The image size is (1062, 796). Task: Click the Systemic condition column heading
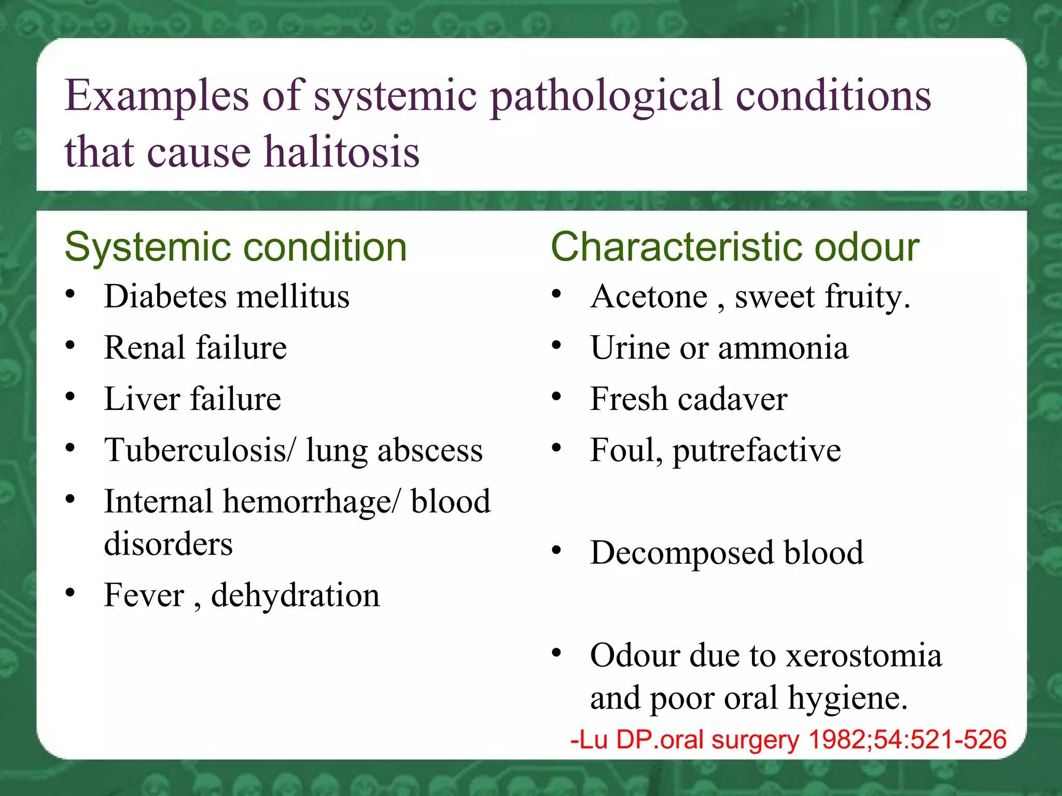tap(235, 247)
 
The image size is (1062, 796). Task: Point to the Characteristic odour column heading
tap(735, 247)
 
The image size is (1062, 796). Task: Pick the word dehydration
tap(295, 595)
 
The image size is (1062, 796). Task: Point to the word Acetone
tap(649, 296)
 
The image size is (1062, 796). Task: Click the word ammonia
tap(783, 348)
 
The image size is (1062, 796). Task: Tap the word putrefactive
tap(757, 450)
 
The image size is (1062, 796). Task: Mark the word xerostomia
tap(864, 655)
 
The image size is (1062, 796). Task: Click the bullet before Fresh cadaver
tap(556, 397)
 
